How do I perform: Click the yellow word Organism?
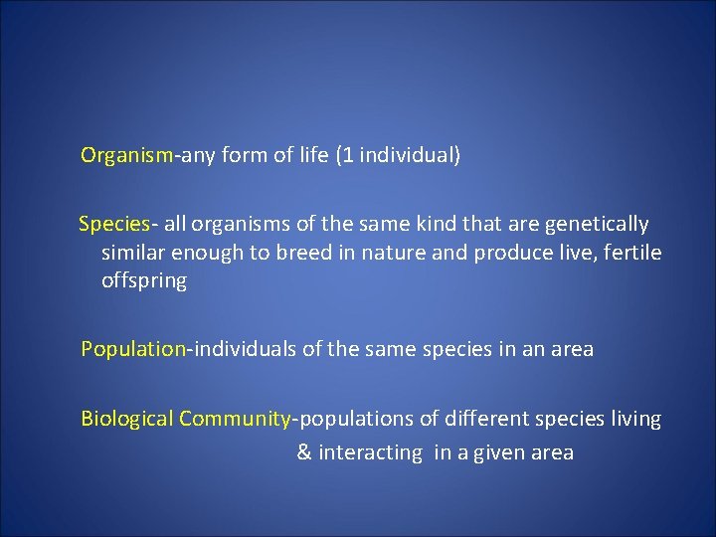127,156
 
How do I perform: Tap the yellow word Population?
133,350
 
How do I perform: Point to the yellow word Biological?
126,420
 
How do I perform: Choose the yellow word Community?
234,420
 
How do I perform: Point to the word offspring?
143,281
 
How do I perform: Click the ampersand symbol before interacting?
304,453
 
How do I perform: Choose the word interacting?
372,453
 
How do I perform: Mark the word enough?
210,253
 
